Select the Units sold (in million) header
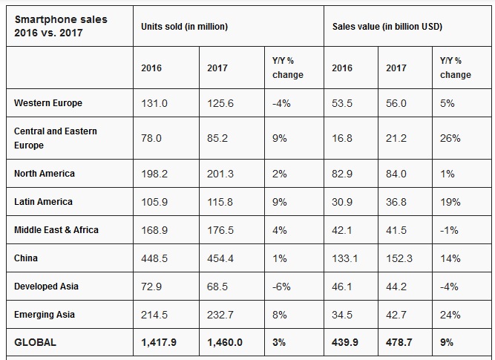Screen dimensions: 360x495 click(x=184, y=27)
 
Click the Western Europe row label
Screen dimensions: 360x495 click(x=48, y=103)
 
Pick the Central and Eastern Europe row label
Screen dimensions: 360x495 click(x=56, y=138)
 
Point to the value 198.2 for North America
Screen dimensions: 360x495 click(x=154, y=174)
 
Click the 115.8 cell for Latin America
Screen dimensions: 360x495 click(x=221, y=202)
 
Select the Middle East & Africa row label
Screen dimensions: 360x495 click(x=56, y=230)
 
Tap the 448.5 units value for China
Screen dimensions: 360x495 click(x=154, y=258)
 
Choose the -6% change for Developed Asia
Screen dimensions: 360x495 click(x=282, y=287)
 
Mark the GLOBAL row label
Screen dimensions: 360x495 click(x=35, y=343)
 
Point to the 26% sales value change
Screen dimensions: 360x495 click(x=450, y=138)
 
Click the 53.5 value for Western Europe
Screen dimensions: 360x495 click(x=342, y=103)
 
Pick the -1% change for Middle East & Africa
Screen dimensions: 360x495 click(x=450, y=230)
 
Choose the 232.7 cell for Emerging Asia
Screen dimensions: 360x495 click(x=221, y=315)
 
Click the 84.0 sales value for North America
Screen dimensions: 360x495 click(x=396, y=174)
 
